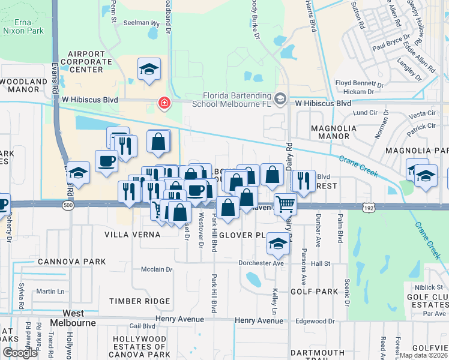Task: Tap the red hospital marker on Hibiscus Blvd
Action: point(163,104)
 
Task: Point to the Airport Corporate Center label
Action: point(77,61)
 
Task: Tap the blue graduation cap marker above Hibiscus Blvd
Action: point(149,70)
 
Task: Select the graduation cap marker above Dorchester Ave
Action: point(277,244)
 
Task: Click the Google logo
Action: point(20,353)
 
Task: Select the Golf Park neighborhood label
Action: point(315,291)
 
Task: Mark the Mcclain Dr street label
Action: point(157,269)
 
